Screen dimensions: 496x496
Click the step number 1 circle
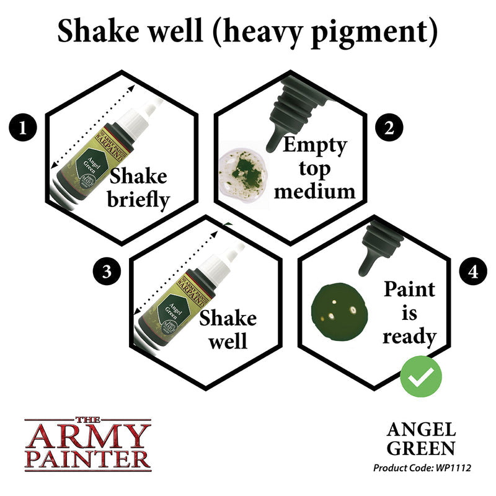coord(23,128)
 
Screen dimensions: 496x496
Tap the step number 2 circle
coord(389,128)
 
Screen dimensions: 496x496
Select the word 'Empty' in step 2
coord(314,146)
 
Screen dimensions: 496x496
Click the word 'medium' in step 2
coord(315,190)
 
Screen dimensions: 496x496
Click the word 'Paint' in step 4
coord(410,290)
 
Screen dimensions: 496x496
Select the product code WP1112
coord(451,467)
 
